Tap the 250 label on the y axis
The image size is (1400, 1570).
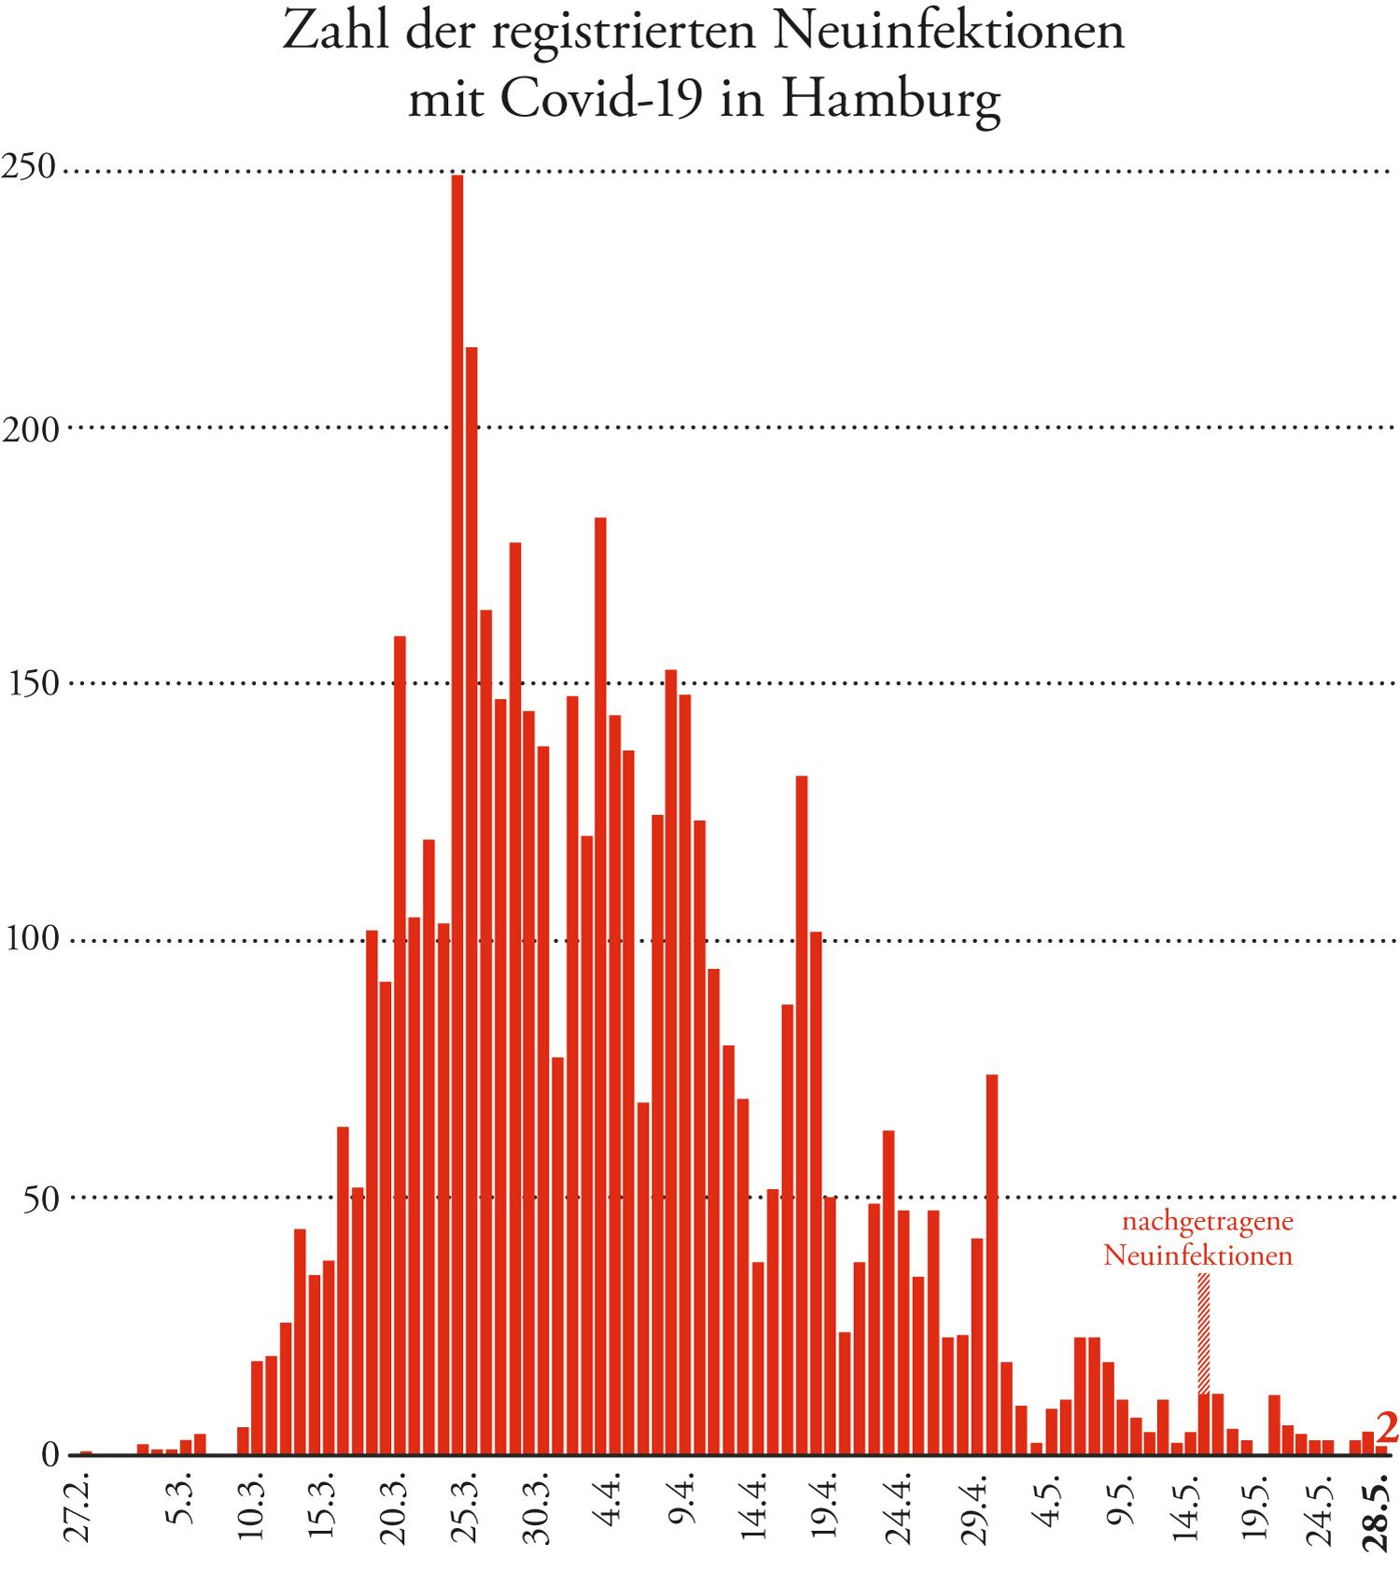click(x=29, y=168)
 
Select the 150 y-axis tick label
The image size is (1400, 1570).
click(x=33, y=683)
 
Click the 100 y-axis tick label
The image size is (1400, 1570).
click(x=33, y=939)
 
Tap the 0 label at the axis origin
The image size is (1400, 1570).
click(x=50, y=1454)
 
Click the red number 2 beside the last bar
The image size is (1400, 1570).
click(x=1387, y=1429)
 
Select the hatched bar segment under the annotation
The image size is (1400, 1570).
click(x=1204, y=1335)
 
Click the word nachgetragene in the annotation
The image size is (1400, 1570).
click(x=1207, y=1220)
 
